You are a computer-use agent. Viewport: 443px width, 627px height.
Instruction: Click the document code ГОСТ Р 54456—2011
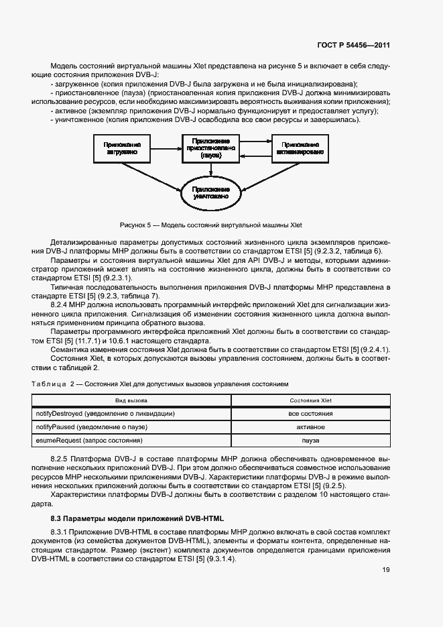pos(353,46)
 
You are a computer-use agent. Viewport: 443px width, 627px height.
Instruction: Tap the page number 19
pos(385,570)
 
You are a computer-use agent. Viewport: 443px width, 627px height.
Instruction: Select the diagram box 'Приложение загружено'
pos(122,148)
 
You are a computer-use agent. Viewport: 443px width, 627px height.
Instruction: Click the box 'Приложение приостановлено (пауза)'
pos(210,148)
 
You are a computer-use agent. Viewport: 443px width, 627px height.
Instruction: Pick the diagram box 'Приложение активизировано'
pos(299,148)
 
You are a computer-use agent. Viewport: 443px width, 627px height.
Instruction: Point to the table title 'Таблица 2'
pos(66,384)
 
